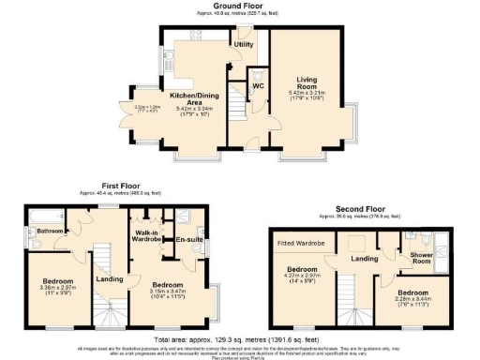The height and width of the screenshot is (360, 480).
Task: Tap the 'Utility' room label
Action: [244, 44]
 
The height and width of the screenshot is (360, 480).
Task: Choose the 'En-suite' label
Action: [189, 240]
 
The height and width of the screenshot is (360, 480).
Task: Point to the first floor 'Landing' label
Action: [110, 278]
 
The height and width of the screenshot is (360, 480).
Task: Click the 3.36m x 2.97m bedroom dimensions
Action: [52, 290]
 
